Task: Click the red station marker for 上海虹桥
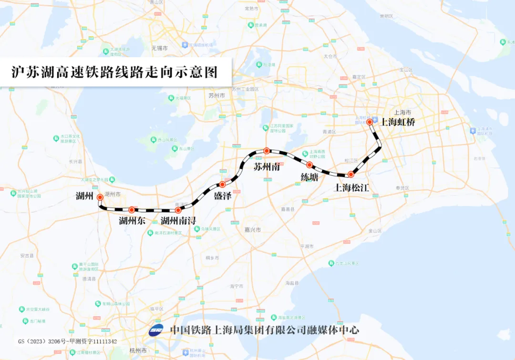(370, 122)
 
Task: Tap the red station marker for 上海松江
(350, 175)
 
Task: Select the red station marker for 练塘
(309, 165)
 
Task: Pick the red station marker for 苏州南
(267, 151)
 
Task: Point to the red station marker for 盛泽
(222, 185)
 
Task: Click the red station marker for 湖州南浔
(178, 210)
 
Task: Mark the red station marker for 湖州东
(132, 210)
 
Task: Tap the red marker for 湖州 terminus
(100, 197)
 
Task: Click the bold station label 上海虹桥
(398, 122)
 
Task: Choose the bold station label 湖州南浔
(178, 221)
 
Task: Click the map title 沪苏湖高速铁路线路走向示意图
(114, 72)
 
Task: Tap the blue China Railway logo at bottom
(156, 330)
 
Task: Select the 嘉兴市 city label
(252, 230)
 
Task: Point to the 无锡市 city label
(160, 48)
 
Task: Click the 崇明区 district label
(386, 16)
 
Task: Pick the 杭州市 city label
(137, 350)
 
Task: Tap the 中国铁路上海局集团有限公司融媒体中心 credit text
(265, 329)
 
